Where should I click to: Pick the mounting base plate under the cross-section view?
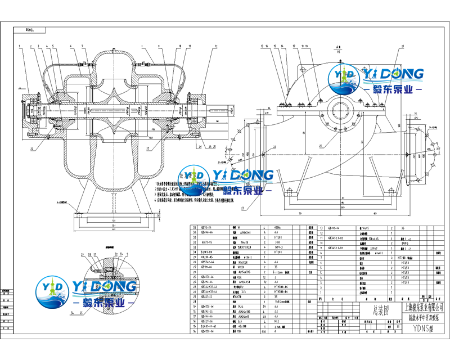[118, 214]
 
